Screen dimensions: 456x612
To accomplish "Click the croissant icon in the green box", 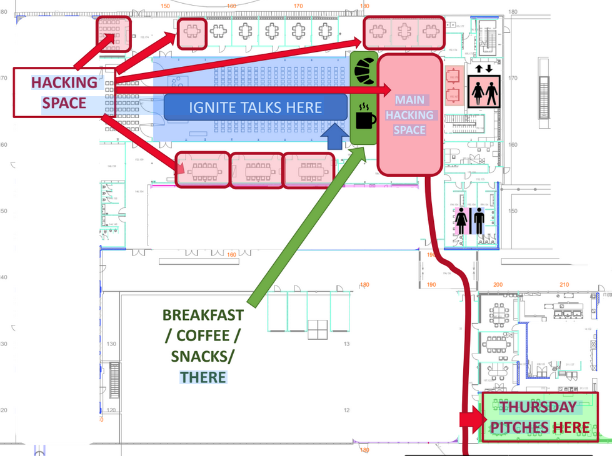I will pyautogui.click(x=364, y=69).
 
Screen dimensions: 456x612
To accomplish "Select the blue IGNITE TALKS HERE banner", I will pyautogui.click(x=255, y=107).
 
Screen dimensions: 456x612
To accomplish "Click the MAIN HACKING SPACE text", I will pyautogui.click(x=409, y=115).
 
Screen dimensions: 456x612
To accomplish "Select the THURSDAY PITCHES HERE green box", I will pyautogui.click(x=539, y=417).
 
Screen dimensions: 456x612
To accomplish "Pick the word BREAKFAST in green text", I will pyautogui.click(x=203, y=315).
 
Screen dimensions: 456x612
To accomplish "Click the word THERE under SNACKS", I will pyautogui.click(x=203, y=377).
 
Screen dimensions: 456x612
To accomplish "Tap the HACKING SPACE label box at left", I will pyautogui.click(x=64, y=92).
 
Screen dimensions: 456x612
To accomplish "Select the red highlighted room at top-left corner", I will pyautogui.click(x=113, y=34).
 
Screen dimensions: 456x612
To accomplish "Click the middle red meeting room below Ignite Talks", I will pyautogui.click(x=256, y=169).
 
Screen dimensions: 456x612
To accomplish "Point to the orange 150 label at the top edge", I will pyautogui.click(x=165, y=6).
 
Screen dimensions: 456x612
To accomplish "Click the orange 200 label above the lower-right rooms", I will pyautogui.click(x=498, y=285).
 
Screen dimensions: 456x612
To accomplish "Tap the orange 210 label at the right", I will pyautogui.click(x=564, y=285).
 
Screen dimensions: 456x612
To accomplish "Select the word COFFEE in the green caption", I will pyautogui.click(x=203, y=335).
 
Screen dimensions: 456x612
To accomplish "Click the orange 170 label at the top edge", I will pyautogui.click(x=298, y=6).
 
